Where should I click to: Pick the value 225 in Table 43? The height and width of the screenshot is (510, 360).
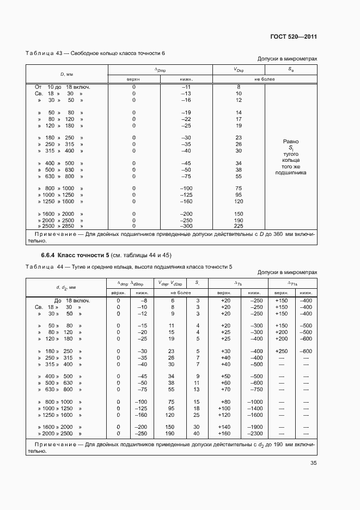tap(239, 226)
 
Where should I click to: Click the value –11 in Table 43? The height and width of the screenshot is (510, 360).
tap(186, 87)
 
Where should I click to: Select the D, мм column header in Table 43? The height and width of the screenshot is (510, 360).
tap(66, 74)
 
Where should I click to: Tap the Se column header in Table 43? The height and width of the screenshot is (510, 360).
tap(291, 70)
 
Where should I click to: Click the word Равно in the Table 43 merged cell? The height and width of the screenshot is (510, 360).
tap(291, 142)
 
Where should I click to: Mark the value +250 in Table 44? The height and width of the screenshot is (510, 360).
tap(281, 351)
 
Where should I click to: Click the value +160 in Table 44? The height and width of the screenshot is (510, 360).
tap(224, 434)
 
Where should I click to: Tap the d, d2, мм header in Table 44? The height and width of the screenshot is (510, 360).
tap(65, 287)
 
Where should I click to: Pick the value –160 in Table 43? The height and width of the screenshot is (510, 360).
tap(186, 201)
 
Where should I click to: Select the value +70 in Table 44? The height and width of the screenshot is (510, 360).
tap(224, 389)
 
